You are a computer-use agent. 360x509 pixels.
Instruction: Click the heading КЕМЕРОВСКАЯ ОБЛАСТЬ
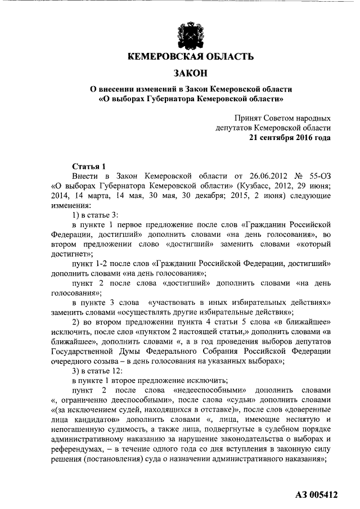[x=190, y=57]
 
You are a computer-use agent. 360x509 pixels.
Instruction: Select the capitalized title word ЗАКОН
[x=190, y=73]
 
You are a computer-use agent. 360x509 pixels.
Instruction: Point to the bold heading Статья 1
[x=89, y=166]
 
